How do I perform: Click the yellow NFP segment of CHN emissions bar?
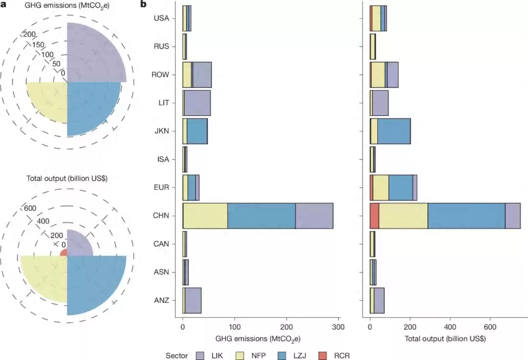coord(205,216)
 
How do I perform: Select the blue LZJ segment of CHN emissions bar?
coord(262,216)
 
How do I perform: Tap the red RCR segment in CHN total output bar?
coord(374,216)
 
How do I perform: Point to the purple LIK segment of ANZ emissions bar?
coord(193,300)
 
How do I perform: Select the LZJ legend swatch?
coord(283,356)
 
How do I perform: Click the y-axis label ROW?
coord(161,75)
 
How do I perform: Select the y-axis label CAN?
coord(161,244)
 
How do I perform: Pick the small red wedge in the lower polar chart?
coord(64,253)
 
